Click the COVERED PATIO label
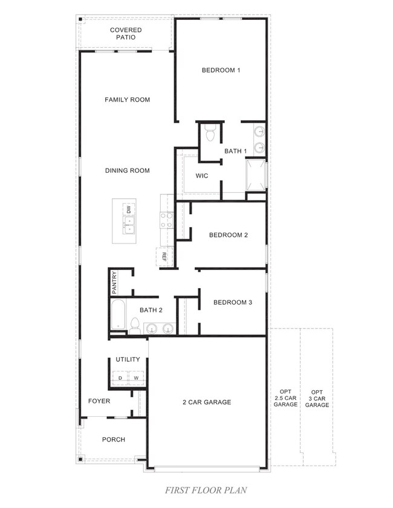pyautogui.click(x=126, y=33)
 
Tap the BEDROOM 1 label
pyautogui.click(x=221, y=70)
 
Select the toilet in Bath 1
pyautogui.click(x=210, y=133)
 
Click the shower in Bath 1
pyautogui.click(x=256, y=175)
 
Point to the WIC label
pyautogui.click(x=202, y=176)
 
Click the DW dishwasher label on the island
pyautogui.click(x=129, y=209)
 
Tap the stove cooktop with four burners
pyautogui.click(x=167, y=220)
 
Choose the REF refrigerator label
pyautogui.click(x=164, y=257)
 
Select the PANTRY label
pyautogui.click(x=114, y=283)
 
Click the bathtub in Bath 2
pyautogui.click(x=118, y=315)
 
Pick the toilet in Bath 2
pyautogui.click(x=135, y=326)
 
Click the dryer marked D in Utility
pyautogui.click(x=120, y=378)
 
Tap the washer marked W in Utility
pyautogui.click(x=136, y=378)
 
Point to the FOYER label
pyautogui.click(x=99, y=401)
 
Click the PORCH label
pyautogui.click(x=114, y=440)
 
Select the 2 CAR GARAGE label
pyautogui.click(x=207, y=402)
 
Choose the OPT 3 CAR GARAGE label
pyautogui.click(x=317, y=399)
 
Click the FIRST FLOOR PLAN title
pyautogui.click(x=206, y=490)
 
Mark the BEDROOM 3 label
pyautogui.click(x=233, y=302)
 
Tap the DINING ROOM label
pyautogui.click(x=128, y=170)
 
